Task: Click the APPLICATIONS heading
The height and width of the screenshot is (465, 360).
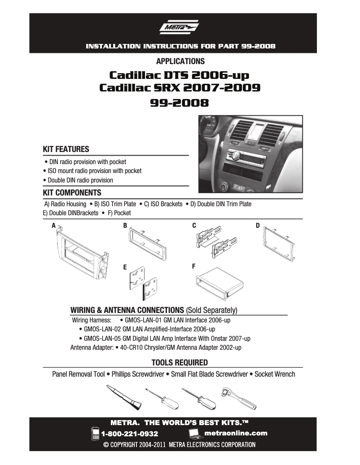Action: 180,61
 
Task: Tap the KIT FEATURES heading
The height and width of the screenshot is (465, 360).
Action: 66,149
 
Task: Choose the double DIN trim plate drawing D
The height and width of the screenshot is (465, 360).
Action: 279,243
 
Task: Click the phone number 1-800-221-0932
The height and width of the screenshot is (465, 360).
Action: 130,434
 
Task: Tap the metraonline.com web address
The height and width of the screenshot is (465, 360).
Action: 236,433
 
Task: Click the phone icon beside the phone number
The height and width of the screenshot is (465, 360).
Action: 95,433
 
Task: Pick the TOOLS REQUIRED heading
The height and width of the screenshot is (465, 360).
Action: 180,362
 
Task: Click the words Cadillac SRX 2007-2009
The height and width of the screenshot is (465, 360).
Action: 180,87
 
